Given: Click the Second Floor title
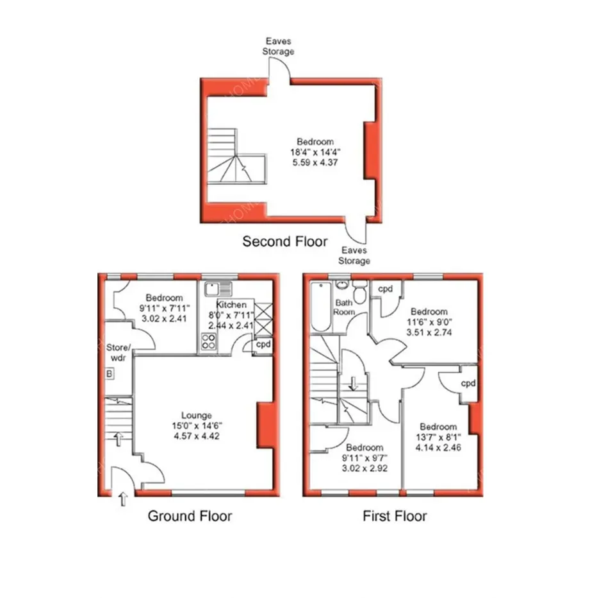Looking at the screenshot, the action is point(285,241).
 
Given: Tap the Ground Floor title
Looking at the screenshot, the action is point(190,516).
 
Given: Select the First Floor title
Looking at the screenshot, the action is point(395,516).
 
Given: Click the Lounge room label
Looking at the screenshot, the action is point(197,415).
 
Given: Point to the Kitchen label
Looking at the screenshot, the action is point(231,305).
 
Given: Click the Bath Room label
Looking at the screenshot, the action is point(344,307).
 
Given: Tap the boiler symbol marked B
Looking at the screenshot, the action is point(110,373).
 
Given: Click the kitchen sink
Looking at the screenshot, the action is point(218,289).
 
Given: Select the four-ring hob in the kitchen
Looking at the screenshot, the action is point(208,341).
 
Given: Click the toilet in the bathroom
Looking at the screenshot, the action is point(359,291).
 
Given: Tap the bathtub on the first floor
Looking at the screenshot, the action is point(321,307).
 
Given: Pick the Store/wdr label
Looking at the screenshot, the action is point(118,353).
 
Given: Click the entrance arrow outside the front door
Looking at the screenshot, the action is point(123,499).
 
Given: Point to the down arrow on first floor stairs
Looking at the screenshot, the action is point(354,384).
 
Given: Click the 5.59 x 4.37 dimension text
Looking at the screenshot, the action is point(315,162).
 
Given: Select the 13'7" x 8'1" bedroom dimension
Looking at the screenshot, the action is point(438,437).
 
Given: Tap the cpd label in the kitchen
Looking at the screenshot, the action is point(263,345).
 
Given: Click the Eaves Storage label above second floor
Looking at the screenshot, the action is point(278,46).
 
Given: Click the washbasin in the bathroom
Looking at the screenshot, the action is point(343,285).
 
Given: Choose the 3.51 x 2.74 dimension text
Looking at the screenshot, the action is point(429,332).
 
